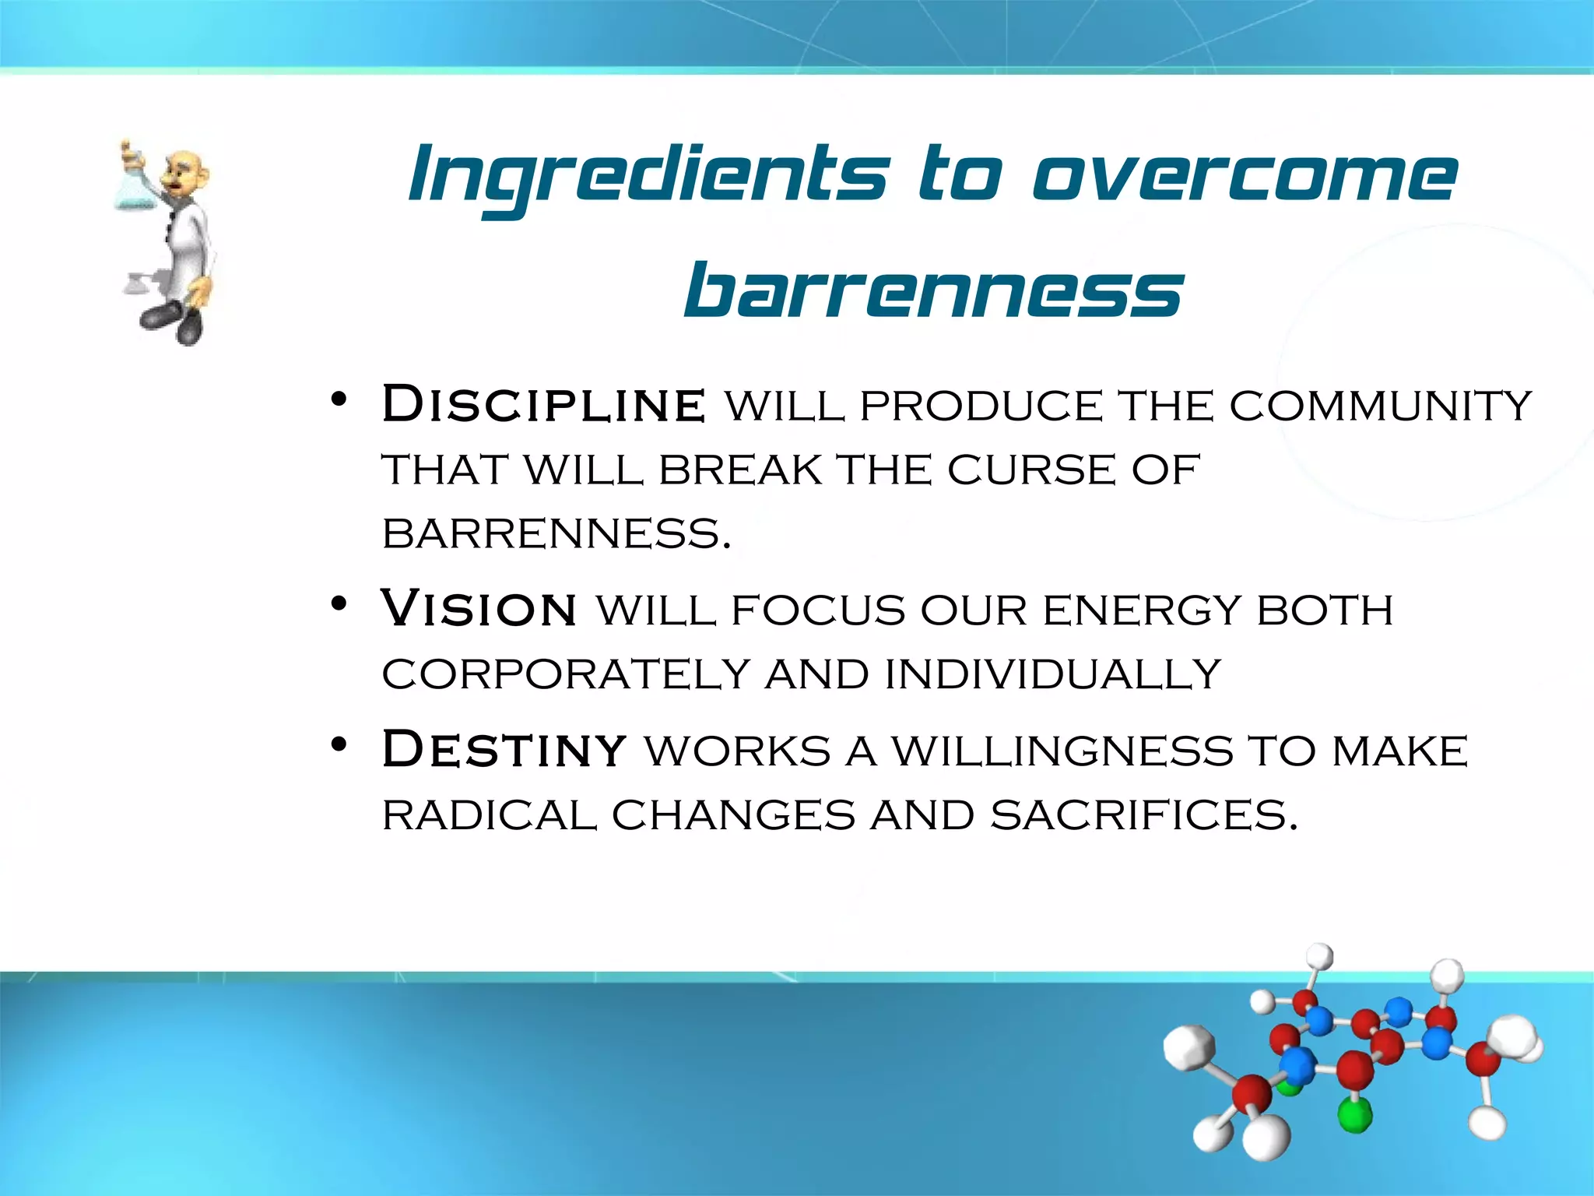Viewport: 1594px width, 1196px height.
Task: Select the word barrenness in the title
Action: click(x=933, y=292)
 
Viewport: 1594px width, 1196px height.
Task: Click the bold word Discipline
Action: click(x=544, y=406)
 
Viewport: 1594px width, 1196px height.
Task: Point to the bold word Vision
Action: click(x=479, y=609)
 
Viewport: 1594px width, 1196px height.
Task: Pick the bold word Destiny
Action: click(x=504, y=750)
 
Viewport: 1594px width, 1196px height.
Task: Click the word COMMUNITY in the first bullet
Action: click(x=1380, y=406)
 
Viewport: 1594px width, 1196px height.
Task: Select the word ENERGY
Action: click(x=1141, y=610)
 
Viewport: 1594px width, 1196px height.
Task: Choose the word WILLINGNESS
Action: click(x=1062, y=751)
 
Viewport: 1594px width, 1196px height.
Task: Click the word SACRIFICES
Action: click(x=1144, y=816)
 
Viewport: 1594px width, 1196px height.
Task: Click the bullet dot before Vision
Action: click(x=338, y=603)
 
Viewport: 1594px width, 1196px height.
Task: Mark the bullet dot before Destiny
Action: click(x=338, y=745)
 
